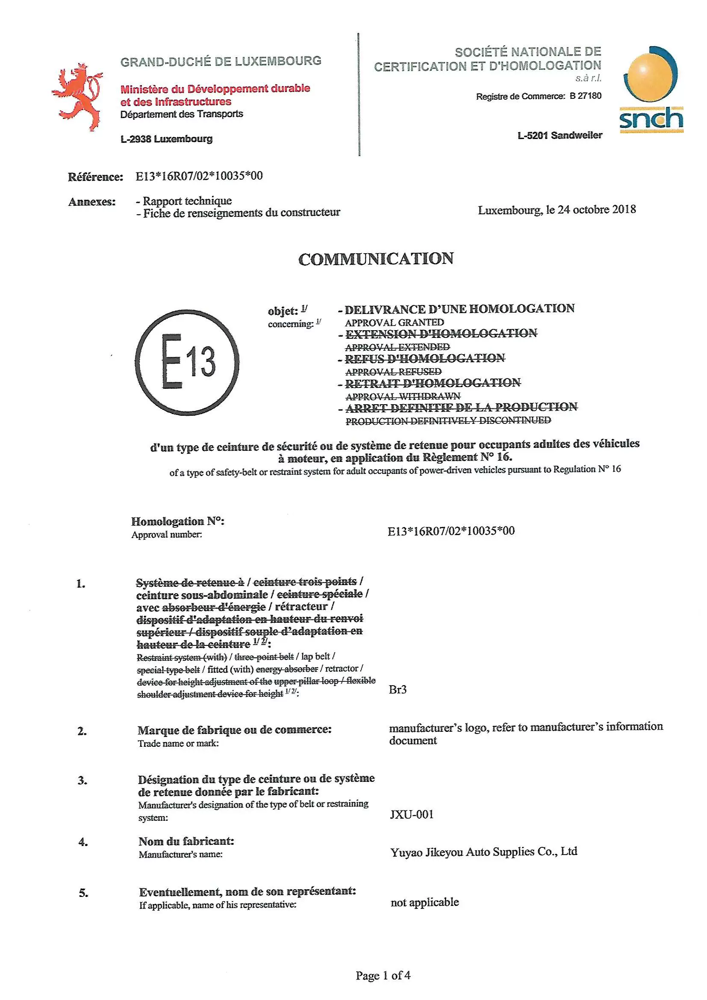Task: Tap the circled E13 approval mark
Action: point(187,362)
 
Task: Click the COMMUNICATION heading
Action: point(376,259)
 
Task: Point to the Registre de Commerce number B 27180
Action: point(586,96)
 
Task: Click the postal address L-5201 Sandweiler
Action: point(560,136)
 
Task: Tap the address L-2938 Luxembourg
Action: point(166,139)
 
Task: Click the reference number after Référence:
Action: point(199,176)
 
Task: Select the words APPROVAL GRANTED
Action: point(395,322)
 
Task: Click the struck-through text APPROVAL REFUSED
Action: point(393,372)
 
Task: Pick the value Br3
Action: point(398,689)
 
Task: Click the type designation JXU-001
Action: point(412,814)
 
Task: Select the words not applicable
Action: point(424,902)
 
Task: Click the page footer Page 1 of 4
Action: point(383,975)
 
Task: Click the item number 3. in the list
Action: point(82,780)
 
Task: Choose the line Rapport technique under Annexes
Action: point(187,201)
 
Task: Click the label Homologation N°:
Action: point(178,521)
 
